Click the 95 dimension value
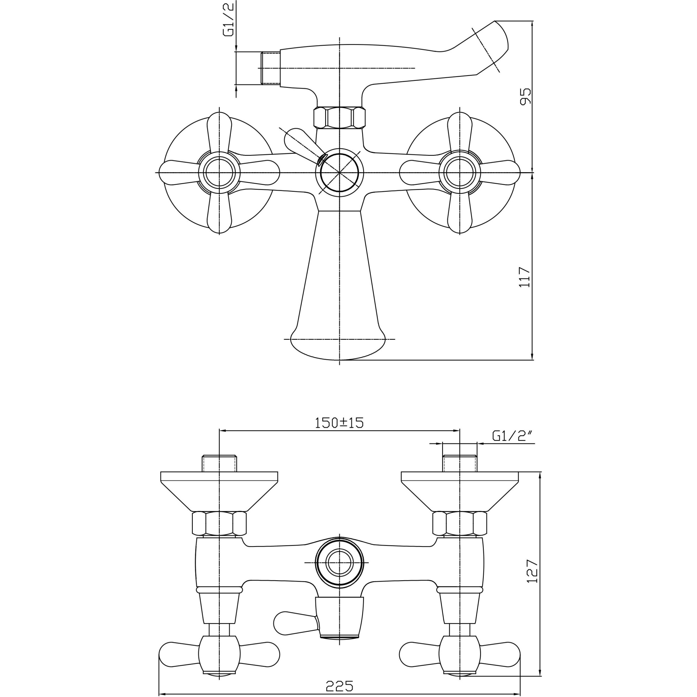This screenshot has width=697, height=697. [x=526, y=96]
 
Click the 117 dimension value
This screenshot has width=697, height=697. [x=525, y=277]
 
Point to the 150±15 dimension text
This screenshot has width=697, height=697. [x=339, y=422]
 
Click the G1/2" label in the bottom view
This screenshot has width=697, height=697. [x=512, y=436]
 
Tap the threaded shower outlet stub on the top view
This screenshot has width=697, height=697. [x=270, y=68]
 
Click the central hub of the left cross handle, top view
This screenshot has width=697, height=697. [x=219, y=173]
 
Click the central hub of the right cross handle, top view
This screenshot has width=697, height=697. [x=460, y=173]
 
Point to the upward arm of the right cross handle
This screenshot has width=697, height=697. [x=460, y=132]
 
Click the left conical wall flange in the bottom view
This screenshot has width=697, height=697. [x=219, y=491]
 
